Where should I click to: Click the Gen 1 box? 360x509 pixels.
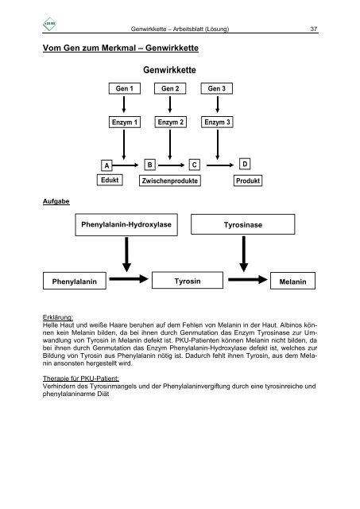pyautogui.click(x=125, y=88)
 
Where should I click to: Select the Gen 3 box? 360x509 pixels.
pyautogui.click(x=217, y=88)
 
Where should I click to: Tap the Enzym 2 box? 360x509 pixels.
pyautogui.click(x=171, y=122)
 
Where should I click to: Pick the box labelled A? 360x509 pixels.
pyautogui.click(x=106, y=165)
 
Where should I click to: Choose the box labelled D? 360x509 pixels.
pyautogui.click(x=245, y=164)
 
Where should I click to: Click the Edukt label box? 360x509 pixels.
pyautogui.click(x=110, y=180)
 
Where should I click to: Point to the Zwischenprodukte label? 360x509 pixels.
pyautogui.click(x=170, y=181)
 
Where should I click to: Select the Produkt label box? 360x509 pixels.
pyautogui.click(x=248, y=181)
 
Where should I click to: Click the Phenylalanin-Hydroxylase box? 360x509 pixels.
pyautogui.click(x=126, y=224)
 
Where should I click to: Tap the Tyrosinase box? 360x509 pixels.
pyautogui.click(x=243, y=224)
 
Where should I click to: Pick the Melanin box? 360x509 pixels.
pyautogui.click(x=292, y=281)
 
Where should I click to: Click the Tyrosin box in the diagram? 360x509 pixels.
pyautogui.click(x=188, y=281)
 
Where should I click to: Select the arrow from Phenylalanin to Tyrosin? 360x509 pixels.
pyautogui.click(x=129, y=278)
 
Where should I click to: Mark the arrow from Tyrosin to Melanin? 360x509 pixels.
pyautogui.click(x=248, y=279)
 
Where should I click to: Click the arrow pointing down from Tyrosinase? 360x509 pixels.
pyautogui.click(x=243, y=254)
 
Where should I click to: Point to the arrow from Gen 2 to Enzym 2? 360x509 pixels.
pyautogui.click(x=170, y=104)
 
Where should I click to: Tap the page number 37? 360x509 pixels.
pyautogui.click(x=314, y=29)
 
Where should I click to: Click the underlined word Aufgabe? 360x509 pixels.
pyautogui.click(x=56, y=201)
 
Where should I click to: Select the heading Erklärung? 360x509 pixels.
pyautogui.click(x=58, y=317)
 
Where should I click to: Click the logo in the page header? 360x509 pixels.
pyautogui.click(x=49, y=24)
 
